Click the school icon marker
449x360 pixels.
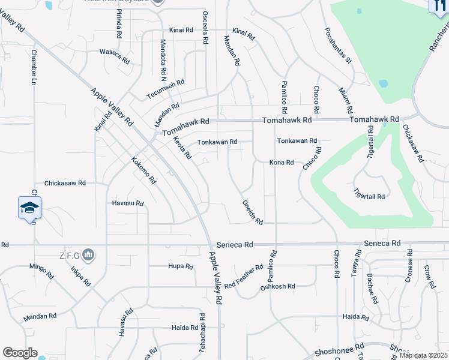[x=29, y=208]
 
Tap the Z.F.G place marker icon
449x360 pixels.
[x=88, y=256]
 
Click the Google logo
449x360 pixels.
[x=19, y=353]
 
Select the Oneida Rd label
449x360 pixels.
[x=253, y=212]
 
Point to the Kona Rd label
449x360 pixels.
[x=281, y=163]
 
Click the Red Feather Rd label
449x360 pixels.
[x=244, y=275]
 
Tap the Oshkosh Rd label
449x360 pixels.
[x=277, y=287]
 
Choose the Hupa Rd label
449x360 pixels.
[x=180, y=266]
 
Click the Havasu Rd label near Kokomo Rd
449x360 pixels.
[x=128, y=203]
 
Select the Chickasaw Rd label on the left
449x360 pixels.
[x=65, y=183]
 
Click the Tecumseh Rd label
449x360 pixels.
[x=165, y=90]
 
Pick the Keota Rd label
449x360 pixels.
[x=182, y=148]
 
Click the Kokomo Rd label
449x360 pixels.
[x=144, y=170]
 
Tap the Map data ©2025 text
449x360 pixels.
[x=423, y=355]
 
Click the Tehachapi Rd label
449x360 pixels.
[x=202, y=328]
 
